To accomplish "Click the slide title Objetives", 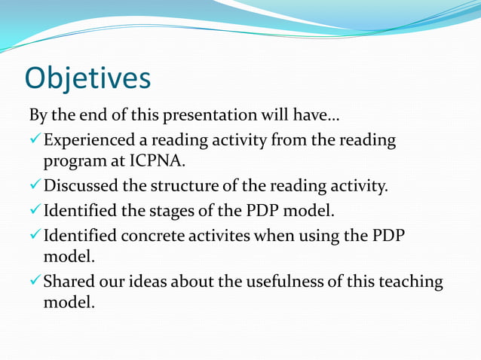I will pyautogui.click(x=87, y=78).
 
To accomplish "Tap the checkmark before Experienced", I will pyautogui.click(x=35, y=140).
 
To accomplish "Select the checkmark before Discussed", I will pyautogui.click(x=35, y=187).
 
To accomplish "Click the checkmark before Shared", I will pyautogui.click(x=35, y=282).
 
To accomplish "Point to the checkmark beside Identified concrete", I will pyautogui.click(x=35, y=235).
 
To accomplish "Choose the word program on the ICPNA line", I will pyautogui.click(x=72, y=163).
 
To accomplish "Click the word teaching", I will pyautogui.click(x=411, y=282).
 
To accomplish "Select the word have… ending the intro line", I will pyautogui.click(x=318, y=117).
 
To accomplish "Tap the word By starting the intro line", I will pyautogui.click(x=38, y=117).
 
